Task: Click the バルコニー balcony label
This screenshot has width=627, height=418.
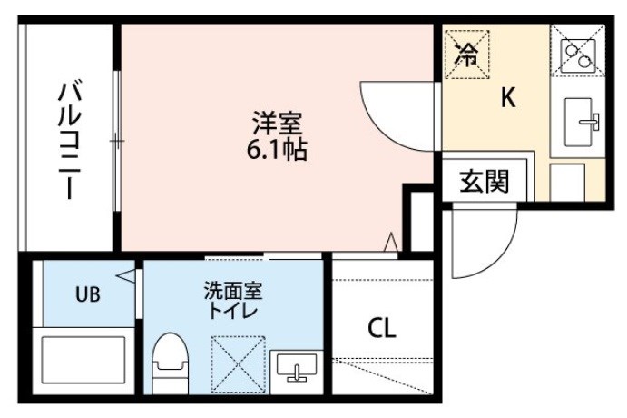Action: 70,140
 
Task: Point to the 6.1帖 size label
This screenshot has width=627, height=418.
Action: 277,149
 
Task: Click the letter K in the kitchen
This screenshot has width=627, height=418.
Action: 508,97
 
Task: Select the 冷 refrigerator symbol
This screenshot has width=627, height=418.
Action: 467,55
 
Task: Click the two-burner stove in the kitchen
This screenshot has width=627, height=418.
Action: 577,56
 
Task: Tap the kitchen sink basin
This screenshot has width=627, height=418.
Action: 578,122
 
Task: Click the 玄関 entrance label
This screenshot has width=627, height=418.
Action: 484,181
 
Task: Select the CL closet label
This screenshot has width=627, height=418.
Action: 382,328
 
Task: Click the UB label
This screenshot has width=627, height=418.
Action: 88,294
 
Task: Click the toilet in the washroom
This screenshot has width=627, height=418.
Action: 171,363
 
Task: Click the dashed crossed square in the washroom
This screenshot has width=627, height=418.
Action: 238,364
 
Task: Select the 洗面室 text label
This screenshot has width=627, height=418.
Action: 233,290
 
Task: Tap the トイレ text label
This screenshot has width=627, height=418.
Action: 233,311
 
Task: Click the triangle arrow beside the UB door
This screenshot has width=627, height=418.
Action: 126,276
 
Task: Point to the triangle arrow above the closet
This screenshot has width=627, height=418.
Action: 391,243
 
